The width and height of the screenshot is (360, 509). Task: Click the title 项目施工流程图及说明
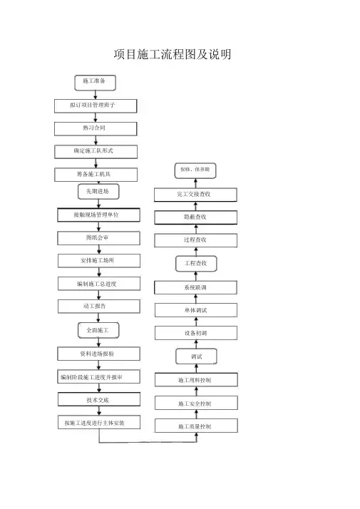pyautogui.click(x=173, y=54)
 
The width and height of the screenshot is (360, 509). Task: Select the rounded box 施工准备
pyautogui.click(x=95, y=83)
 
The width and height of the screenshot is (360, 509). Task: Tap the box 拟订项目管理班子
pyautogui.click(x=96, y=106)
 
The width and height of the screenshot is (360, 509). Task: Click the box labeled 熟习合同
pyautogui.click(x=96, y=129)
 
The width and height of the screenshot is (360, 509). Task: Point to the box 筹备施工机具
pyautogui.click(x=96, y=175)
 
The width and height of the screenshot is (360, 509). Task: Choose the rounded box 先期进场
pyautogui.click(x=98, y=192)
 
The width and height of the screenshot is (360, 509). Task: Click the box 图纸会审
pyautogui.click(x=98, y=238)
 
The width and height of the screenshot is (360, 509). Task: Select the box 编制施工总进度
pyautogui.click(x=99, y=284)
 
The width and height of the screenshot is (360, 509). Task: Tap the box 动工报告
pyautogui.click(x=99, y=307)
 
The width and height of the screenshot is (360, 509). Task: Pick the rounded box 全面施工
pyautogui.click(x=98, y=330)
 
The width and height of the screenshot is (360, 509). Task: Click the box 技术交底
pyautogui.click(x=99, y=399)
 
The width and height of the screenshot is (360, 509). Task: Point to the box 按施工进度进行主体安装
pyautogui.click(x=99, y=422)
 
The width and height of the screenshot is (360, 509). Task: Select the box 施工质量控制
pyautogui.click(x=196, y=426)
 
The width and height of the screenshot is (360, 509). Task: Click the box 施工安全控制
pyautogui.click(x=196, y=403)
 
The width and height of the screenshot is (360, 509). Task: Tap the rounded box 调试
pyautogui.click(x=196, y=356)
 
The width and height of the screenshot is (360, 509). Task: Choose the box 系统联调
pyautogui.click(x=195, y=287)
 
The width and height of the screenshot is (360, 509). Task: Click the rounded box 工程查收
pyautogui.click(x=196, y=264)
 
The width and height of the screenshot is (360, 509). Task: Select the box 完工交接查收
pyautogui.click(x=195, y=195)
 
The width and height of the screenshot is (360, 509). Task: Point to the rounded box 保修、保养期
pyautogui.click(x=195, y=170)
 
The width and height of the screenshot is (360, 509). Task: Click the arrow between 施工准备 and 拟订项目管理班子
pyautogui.click(x=96, y=95)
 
